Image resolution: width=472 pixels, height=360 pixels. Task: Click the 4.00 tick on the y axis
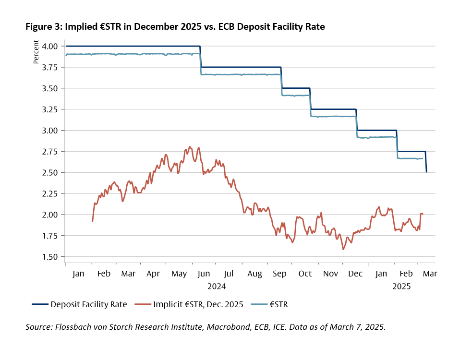click(50, 46)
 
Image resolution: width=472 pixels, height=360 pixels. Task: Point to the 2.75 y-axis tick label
click(50, 151)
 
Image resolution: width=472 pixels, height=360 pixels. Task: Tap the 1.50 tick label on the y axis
click(50, 257)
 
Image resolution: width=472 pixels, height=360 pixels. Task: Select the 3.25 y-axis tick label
click(50, 109)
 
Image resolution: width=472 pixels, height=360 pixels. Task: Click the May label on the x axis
click(179, 274)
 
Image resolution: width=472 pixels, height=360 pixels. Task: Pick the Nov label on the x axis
click(331, 274)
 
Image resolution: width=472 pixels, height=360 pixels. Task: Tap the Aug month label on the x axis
click(254, 274)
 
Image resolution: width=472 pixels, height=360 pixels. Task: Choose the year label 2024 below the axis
click(216, 286)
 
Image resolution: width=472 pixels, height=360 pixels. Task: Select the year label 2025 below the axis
click(401, 286)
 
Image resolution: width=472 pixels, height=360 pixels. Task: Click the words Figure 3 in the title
click(42, 27)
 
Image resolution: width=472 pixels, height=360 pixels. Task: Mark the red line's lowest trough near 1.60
click(343, 249)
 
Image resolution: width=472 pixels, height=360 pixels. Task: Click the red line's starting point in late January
click(92, 221)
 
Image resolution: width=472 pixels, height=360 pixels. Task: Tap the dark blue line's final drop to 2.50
click(426, 163)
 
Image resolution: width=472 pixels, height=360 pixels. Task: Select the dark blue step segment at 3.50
click(295, 88)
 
